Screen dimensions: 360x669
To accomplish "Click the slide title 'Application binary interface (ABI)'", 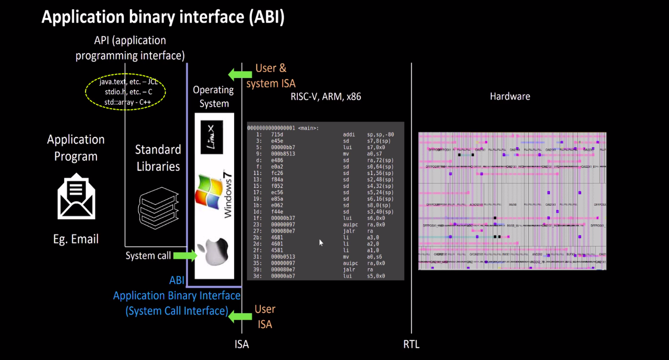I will click(x=163, y=17).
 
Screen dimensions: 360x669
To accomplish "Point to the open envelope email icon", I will click(x=76, y=196).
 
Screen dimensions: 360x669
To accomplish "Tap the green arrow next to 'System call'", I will click(x=185, y=255).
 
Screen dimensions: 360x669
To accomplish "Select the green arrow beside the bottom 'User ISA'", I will click(x=240, y=317).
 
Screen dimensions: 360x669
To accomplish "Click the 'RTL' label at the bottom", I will click(x=411, y=345).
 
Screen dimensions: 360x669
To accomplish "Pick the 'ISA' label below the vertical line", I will click(x=242, y=345).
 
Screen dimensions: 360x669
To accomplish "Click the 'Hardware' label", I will click(x=510, y=96).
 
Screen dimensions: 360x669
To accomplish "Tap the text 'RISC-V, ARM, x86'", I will click(x=326, y=97).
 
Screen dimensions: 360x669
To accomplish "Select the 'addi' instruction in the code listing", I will click(x=349, y=135).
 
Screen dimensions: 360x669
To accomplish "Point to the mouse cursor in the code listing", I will click(x=321, y=242).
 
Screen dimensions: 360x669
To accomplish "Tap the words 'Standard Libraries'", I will click(x=158, y=158).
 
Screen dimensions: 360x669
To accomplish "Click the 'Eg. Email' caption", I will click(x=76, y=239).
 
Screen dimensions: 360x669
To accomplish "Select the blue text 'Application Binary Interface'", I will click(x=177, y=295).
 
